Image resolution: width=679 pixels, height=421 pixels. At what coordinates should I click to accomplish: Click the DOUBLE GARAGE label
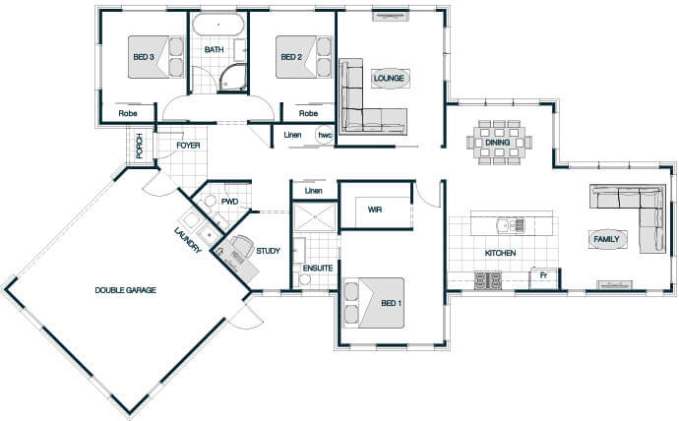(126, 290)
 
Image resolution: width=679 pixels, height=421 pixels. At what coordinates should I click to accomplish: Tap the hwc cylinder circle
(325, 136)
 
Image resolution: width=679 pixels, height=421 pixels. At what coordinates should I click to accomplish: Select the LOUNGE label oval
(389, 79)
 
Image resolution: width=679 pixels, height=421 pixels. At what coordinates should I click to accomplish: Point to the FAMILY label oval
(606, 239)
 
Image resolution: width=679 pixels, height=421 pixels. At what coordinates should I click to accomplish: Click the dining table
(499, 143)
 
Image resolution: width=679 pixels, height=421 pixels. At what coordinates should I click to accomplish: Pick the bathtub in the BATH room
(218, 25)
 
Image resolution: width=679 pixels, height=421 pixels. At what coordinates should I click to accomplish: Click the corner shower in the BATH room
(233, 78)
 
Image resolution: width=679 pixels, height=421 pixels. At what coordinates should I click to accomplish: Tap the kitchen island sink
(511, 225)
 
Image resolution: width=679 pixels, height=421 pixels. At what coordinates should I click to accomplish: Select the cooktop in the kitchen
(488, 280)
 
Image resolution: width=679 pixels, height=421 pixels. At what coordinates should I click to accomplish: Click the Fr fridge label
(543, 275)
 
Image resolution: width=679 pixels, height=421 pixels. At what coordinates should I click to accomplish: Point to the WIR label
(375, 210)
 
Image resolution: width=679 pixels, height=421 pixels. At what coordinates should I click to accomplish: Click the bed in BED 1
(374, 303)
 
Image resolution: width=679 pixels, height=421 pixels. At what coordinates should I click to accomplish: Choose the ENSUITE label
(318, 269)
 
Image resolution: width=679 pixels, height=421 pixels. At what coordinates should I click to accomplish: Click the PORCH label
(140, 146)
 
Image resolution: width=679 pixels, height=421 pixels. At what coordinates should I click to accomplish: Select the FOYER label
(188, 146)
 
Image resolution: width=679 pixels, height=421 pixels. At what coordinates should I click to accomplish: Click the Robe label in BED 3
(128, 113)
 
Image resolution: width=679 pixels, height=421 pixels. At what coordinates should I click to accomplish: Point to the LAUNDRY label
(188, 240)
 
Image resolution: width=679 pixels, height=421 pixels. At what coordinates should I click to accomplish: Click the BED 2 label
(291, 57)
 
